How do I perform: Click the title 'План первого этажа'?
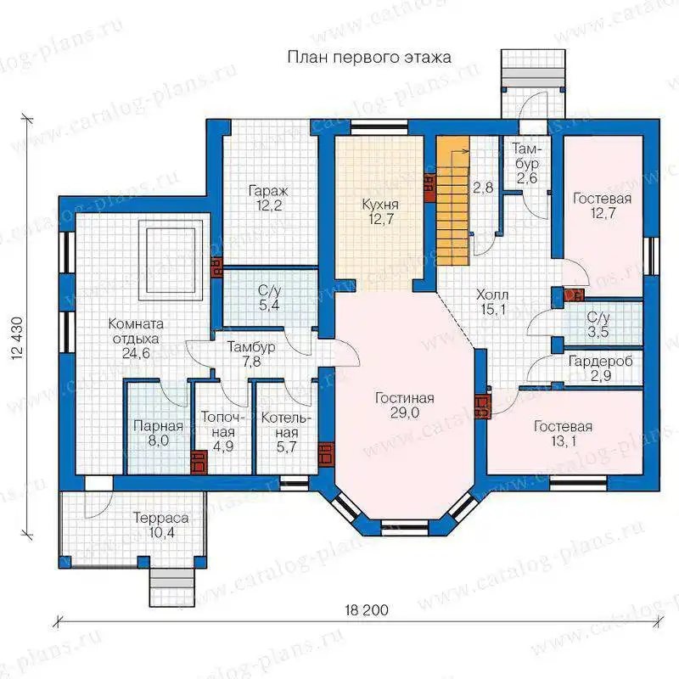pyautogui.click(x=369, y=58)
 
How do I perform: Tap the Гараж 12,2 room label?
pyautogui.click(x=268, y=198)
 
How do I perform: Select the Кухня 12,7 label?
pyautogui.click(x=380, y=211)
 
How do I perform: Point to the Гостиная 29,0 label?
pyautogui.click(x=405, y=406)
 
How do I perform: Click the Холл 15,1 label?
pyautogui.click(x=492, y=302)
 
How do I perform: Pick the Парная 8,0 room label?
pyautogui.click(x=158, y=434)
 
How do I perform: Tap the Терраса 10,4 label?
pyautogui.click(x=160, y=525)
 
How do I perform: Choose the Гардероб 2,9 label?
pyautogui.click(x=601, y=368)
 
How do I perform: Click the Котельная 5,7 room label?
pyautogui.click(x=286, y=432)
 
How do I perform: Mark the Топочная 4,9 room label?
pyautogui.click(x=223, y=432)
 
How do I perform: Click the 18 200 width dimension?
pyautogui.click(x=367, y=610)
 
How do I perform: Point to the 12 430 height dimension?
pyautogui.click(x=16, y=339)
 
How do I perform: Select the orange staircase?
pyautogui.click(x=452, y=200)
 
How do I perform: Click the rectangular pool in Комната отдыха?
pyautogui.click(x=171, y=260)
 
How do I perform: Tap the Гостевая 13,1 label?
pyautogui.click(x=563, y=434)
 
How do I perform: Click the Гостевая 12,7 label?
pyautogui.click(x=602, y=205)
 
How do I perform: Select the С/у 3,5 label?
pyautogui.click(x=598, y=324)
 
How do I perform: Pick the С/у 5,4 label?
pyautogui.click(x=269, y=298)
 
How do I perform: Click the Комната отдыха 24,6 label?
pyautogui.click(x=136, y=339)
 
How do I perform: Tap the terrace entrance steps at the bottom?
pyautogui.click(x=172, y=587)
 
